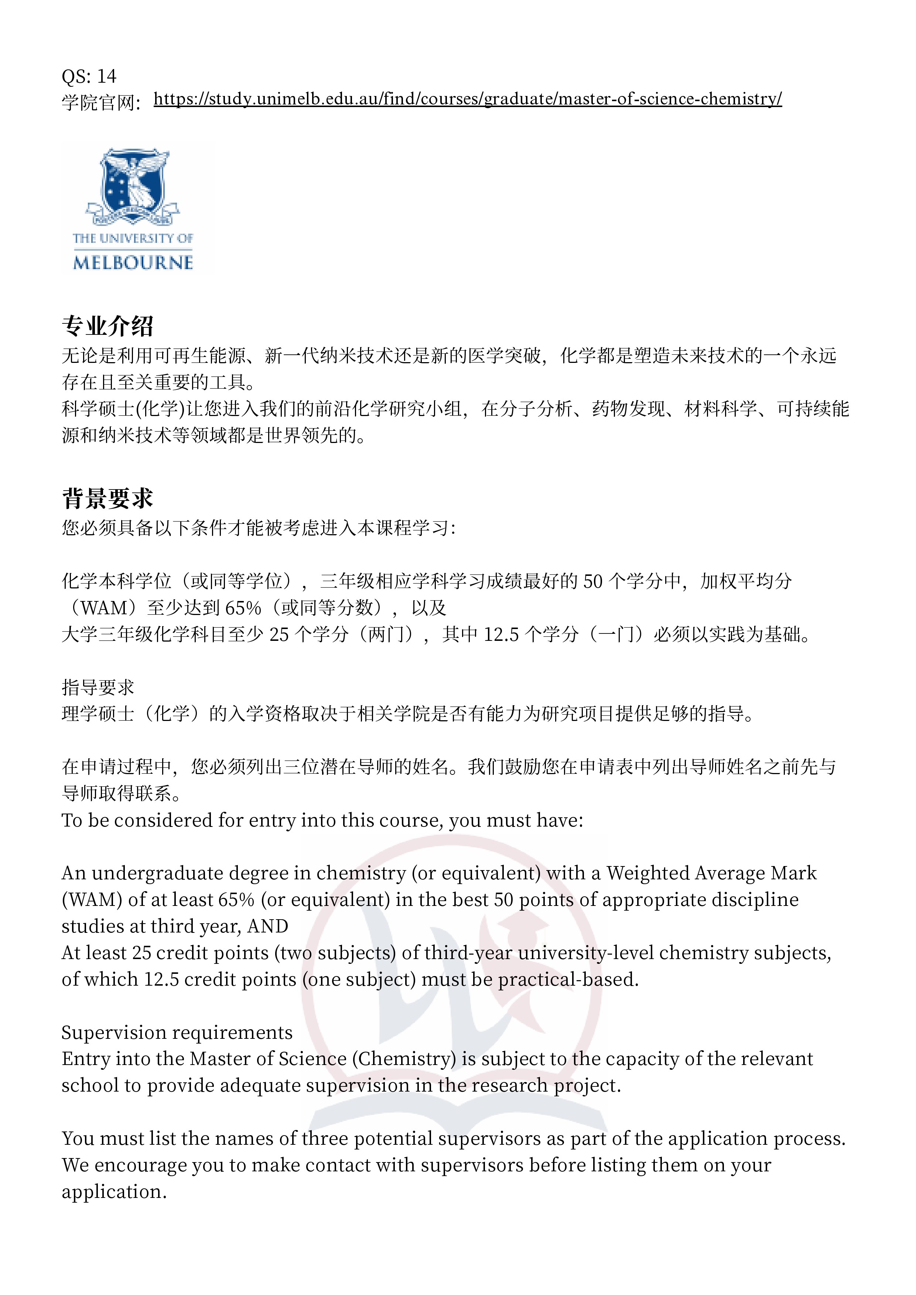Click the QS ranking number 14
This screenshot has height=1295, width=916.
pos(107,76)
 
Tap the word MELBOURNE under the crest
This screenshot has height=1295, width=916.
pos(133,263)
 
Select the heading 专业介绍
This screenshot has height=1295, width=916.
pos(107,326)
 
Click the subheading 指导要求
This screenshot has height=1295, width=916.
pos(98,687)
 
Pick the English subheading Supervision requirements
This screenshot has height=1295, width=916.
pos(177,1032)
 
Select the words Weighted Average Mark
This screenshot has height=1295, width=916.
pos(711,873)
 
